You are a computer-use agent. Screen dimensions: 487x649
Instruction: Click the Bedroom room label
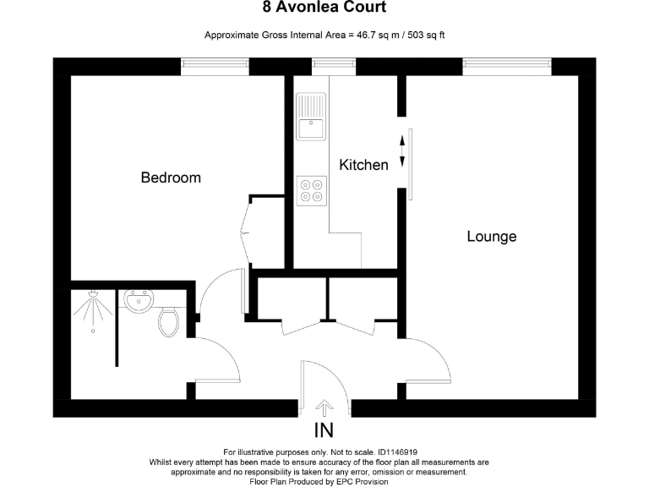[x=171, y=178]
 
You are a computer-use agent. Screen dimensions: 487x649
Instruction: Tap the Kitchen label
[x=363, y=165]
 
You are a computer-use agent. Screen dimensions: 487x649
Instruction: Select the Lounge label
[x=491, y=237]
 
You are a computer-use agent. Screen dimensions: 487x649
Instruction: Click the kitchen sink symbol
[x=311, y=117]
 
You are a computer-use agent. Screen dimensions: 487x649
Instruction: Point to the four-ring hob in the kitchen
[x=311, y=189]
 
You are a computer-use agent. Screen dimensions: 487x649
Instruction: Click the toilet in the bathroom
[x=168, y=320]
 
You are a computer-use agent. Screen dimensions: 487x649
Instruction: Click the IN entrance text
[x=323, y=430]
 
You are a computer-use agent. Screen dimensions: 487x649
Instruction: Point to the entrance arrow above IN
[x=323, y=407]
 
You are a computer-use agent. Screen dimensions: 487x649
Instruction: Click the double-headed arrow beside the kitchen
[x=401, y=151]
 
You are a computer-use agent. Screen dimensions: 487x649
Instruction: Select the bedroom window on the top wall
[x=215, y=67]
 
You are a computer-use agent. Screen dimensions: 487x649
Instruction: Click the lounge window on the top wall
[x=506, y=67]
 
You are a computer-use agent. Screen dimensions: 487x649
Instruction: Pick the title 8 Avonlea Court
[x=324, y=8]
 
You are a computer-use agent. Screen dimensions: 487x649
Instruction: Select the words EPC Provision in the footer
[x=357, y=482]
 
